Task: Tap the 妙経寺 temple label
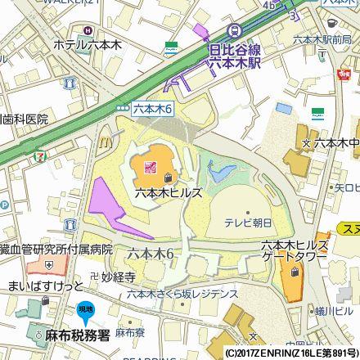[117, 277]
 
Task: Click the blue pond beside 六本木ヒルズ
[218, 172]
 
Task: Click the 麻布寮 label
[124, 334]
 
